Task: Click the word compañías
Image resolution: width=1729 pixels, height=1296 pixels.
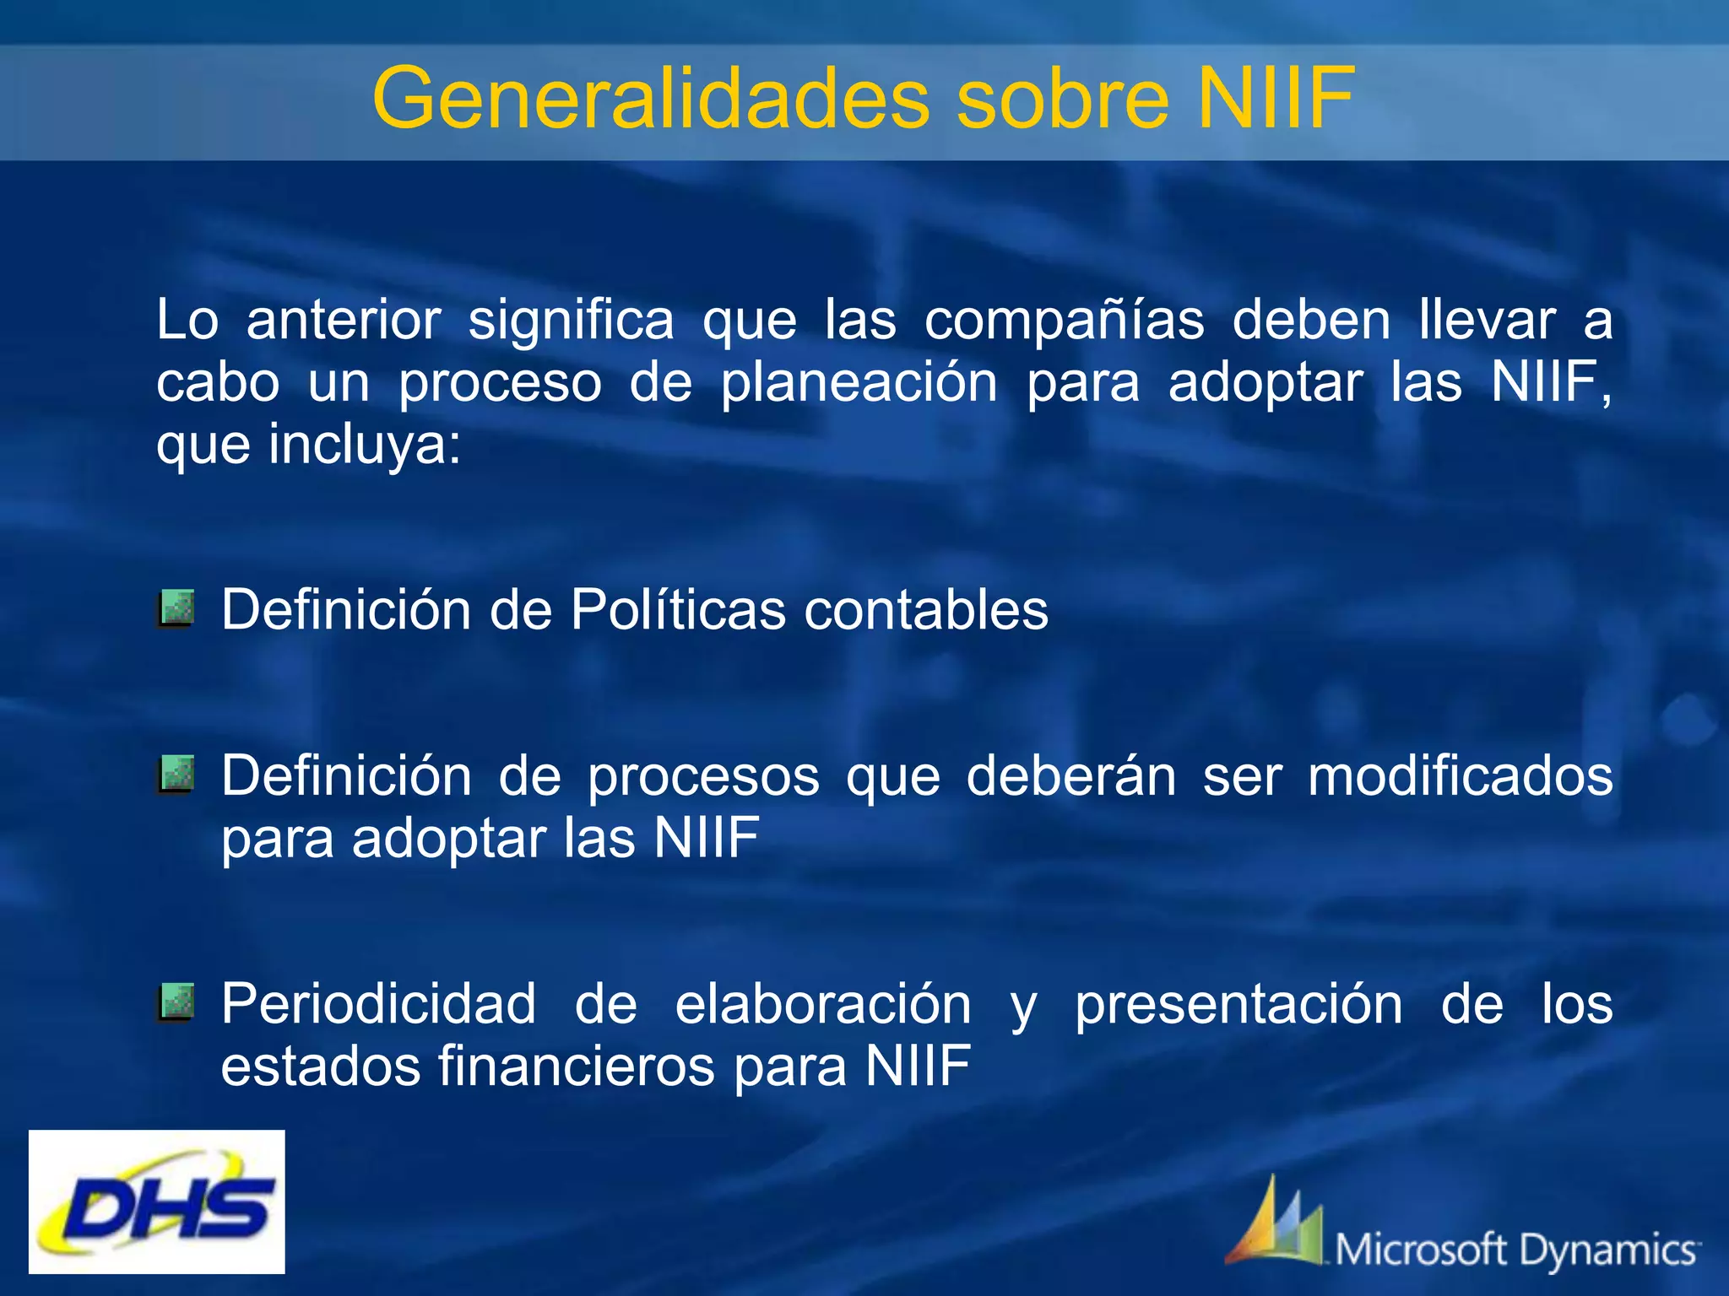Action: pyautogui.click(x=1064, y=321)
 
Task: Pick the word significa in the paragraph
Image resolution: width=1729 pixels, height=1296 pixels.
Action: pyautogui.click(x=571, y=321)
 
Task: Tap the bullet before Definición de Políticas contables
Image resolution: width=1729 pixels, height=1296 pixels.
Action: pyautogui.click(x=176, y=608)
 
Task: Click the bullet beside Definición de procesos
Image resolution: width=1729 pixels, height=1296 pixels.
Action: pyautogui.click(x=176, y=775)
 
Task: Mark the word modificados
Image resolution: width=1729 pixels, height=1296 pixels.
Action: pyautogui.click(x=1460, y=776)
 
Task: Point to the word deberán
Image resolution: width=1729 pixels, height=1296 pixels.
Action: pyautogui.click(x=1070, y=776)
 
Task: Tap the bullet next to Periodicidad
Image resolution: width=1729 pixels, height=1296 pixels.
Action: pyautogui.click(x=176, y=1002)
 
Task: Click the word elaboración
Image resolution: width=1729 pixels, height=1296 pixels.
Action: pyautogui.click(x=822, y=1004)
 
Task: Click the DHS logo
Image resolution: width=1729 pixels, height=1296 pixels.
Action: pyautogui.click(x=157, y=1201)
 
